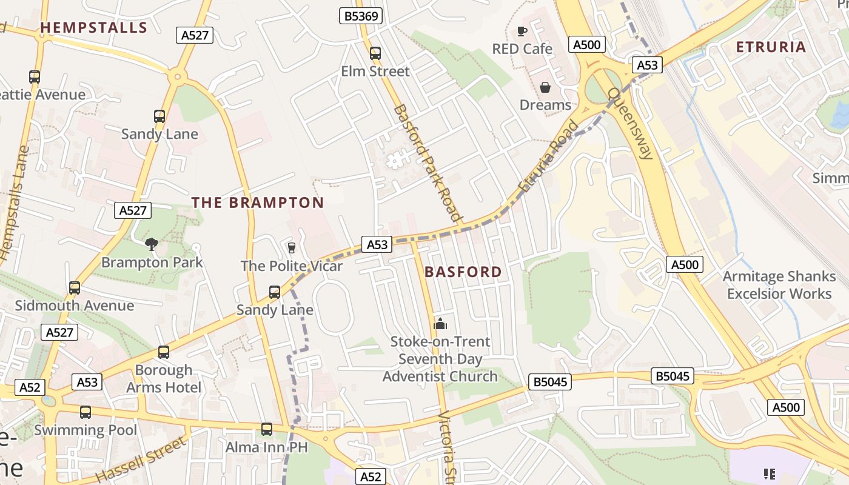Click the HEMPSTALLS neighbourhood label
point(93,27)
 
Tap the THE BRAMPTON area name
point(258,202)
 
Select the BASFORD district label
point(463,272)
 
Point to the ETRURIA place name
point(771,47)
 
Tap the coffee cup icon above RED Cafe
point(522,32)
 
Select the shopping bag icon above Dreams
point(545,88)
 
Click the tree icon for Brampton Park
point(152,244)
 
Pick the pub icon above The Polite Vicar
point(291,248)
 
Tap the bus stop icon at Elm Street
point(375,53)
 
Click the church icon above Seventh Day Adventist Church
point(440,324)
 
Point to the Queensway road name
point(631,124)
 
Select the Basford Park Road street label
point(427,162)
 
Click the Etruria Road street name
point(548,156)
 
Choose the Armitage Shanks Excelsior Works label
point(779,285)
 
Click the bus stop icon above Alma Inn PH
point(266,429)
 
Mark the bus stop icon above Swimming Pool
point(86,412)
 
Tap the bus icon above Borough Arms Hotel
point(163,352)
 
